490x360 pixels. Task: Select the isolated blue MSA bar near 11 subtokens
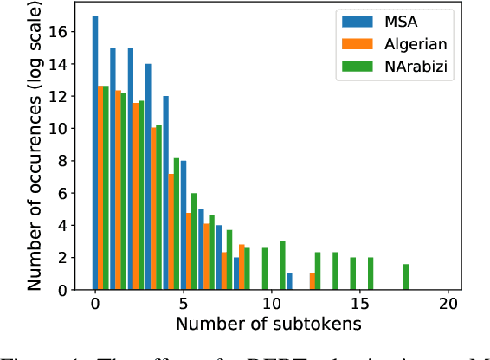pyautogui.click(x=289, y=281)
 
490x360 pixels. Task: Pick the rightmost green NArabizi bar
pyautogui.click(x=407, y=277)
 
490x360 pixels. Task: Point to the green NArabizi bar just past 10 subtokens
pyautogui.click(x=282, y=266)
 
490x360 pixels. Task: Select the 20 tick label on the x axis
pyautogui.click(x=448, y=305)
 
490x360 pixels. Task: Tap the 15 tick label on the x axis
pyautogui.click(x=360, y=305)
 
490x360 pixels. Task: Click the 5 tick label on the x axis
pyautogui.click(x=184, y=305)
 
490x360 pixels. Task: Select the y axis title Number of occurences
pyautogui.click(x=36, y=147)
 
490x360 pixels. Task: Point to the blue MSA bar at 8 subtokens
pyautogui.click(x=236, y=273)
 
